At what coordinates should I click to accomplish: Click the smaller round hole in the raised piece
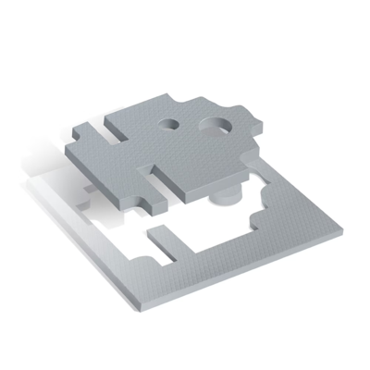(171, 122)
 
